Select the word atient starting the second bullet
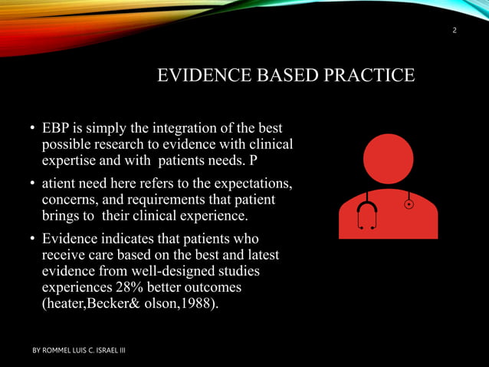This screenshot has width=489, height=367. [60, 183]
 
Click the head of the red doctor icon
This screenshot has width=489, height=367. [388, 159]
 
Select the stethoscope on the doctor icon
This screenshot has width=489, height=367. [367, 211]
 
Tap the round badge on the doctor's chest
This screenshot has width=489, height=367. [409, 204]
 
